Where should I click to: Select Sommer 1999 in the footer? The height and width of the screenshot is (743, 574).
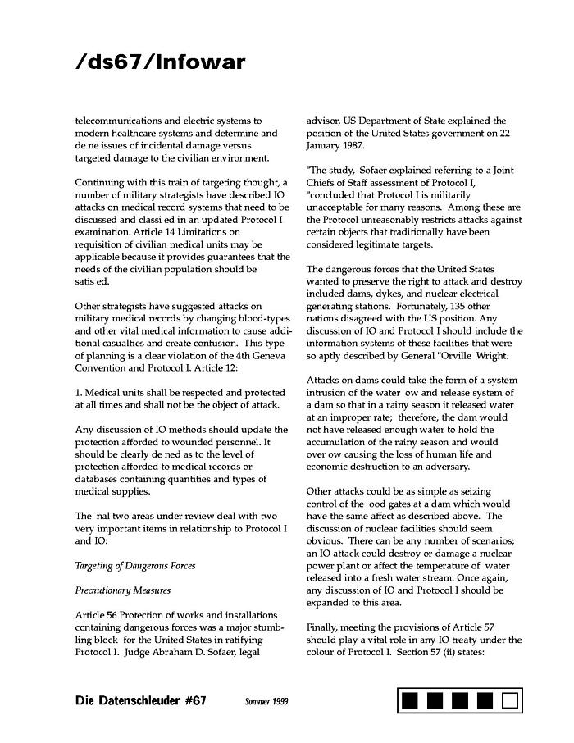(x=266, y=702)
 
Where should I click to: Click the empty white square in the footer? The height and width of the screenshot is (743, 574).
(x=510, y=701)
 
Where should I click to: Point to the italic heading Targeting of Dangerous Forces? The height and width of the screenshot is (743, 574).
(x=135, y=566)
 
